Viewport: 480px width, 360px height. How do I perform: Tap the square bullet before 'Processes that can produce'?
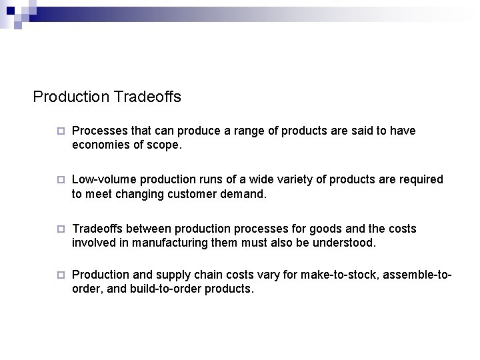pyautogui.click(x=60, y=131)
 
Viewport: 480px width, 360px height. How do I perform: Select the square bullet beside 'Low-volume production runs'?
pyautogui.click(x=60, y=181)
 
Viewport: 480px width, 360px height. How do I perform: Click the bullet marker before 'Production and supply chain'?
pyautogui.click(x=60, y=275)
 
